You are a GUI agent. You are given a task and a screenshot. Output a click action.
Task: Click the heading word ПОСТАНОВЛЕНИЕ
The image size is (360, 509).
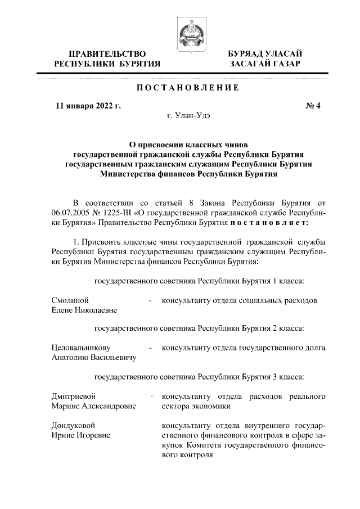[179, 88]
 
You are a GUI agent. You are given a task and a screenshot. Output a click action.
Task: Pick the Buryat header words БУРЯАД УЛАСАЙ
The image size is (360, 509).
[264, 53]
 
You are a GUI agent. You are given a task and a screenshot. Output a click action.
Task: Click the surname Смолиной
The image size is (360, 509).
[70, 300]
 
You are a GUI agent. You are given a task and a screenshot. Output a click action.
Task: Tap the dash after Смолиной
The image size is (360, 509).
[151, 301]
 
